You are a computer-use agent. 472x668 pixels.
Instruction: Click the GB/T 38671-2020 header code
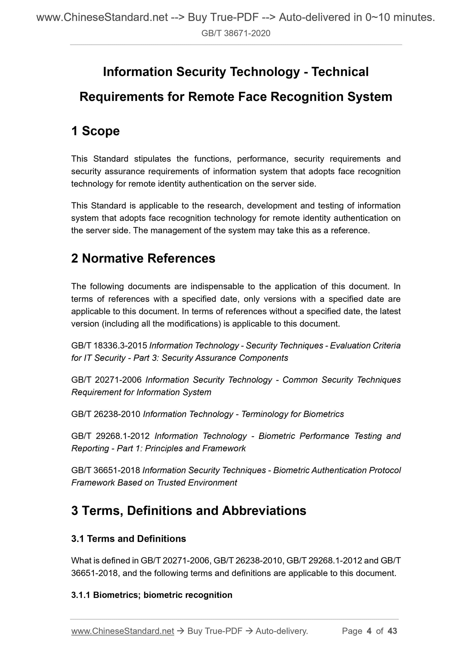coord(236,33)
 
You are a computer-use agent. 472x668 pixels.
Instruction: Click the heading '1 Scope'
coord(95,131)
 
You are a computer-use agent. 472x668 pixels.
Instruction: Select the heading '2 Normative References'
coord(143,258)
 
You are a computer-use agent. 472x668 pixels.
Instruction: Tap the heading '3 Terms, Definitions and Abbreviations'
coord(188,511)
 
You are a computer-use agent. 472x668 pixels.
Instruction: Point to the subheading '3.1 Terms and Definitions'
coord(128,538)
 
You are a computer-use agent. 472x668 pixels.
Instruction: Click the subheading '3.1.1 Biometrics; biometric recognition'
coord(152,595)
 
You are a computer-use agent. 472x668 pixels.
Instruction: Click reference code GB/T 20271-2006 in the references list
coord(106,380)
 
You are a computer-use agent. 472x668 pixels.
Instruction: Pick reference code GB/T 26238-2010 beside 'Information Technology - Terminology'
coord(106,414)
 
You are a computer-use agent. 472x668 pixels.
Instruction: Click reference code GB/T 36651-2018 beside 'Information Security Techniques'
coord(106,470)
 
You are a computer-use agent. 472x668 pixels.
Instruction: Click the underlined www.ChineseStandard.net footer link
coord(122,631)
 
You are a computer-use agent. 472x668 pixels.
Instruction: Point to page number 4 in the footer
coord(369,631)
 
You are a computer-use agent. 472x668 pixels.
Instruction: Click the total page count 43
coord(392,631)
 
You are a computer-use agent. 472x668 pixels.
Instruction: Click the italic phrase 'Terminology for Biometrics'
coord(292,414)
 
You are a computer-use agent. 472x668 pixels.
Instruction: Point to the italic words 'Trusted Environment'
coord(197,483)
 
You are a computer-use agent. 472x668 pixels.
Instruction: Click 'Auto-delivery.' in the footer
coord(282,631)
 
